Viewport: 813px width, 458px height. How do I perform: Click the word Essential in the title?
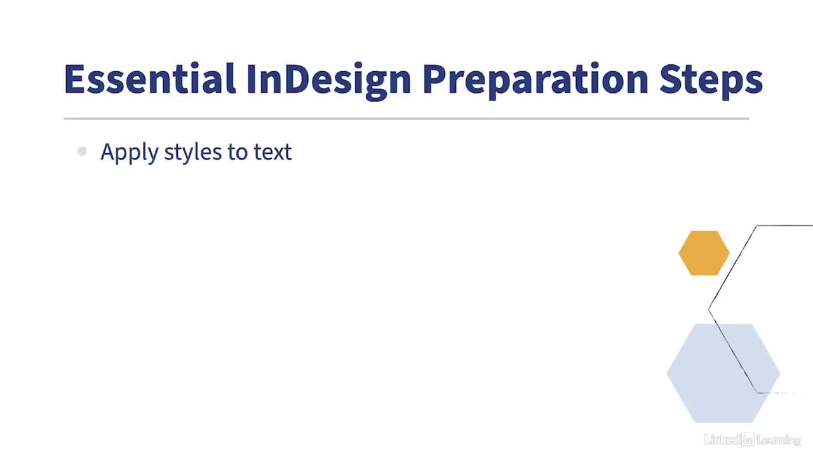(150, 78)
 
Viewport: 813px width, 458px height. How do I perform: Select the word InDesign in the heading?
(328, 81)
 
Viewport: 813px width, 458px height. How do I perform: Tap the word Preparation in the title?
(535, 81)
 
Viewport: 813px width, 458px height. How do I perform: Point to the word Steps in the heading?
(711, 81)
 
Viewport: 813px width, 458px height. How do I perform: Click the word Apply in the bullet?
(130, 152)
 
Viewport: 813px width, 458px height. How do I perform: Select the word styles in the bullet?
(192, 152)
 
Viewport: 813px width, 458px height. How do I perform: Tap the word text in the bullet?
(272, 152)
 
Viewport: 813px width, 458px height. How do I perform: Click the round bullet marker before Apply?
(82, 151)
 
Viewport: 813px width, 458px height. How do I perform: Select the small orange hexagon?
(704, 253)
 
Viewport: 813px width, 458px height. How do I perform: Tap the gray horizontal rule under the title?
(406, 118)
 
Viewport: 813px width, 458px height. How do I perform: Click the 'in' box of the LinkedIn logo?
(748, 440)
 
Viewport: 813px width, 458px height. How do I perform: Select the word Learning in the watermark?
(779, 440)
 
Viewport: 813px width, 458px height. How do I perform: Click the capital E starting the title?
(74, 79)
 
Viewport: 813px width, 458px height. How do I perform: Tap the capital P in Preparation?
(434, 79)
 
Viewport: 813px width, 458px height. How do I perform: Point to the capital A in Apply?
(109, 151)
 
